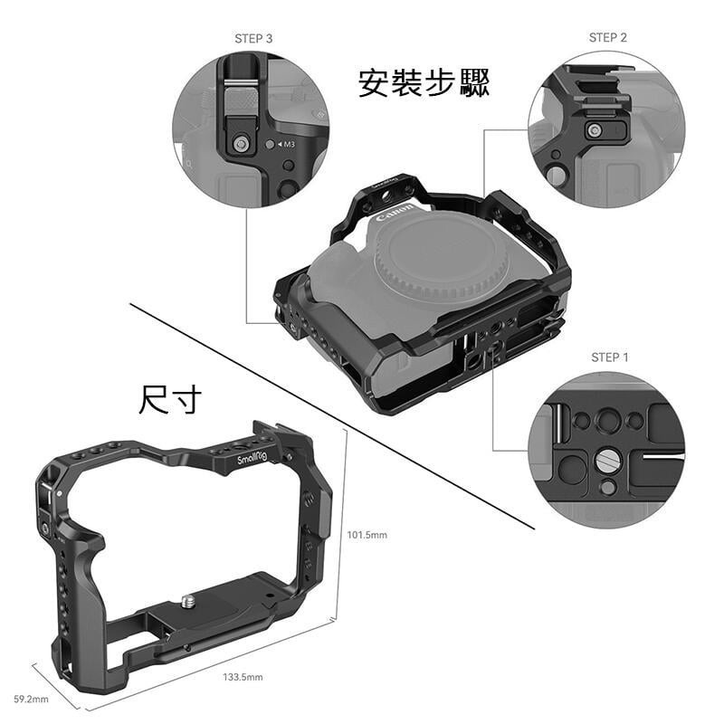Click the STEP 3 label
click(x=253, y=39)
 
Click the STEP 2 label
click(x=607, y=37)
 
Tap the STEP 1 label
click(x=609, y=357)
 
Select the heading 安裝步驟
click(x=424, y=83)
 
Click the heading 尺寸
click(x=170, y=398)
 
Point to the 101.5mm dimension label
click(x=367, y=535)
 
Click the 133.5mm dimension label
click(x=243, y=677)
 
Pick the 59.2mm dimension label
click(x=31, y=699)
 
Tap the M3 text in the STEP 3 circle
click(x=289, y=145)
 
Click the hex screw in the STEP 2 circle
click(x=594, y=131)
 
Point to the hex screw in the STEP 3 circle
click(x=241, y=143)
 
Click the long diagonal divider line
click(x=335, y=416)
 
